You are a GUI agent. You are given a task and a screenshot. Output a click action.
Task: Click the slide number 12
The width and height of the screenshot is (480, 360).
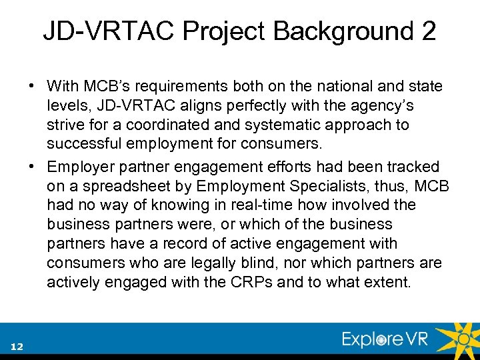17,346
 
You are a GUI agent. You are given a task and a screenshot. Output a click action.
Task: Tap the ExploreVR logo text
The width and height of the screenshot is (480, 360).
385,339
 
